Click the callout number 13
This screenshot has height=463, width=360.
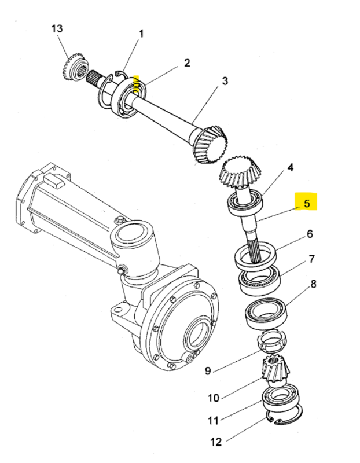(57, 29)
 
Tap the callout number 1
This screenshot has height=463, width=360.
(141, 34)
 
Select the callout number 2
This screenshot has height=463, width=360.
(187, 63)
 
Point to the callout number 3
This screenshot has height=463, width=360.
(225, 81)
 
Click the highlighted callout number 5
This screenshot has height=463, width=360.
(307, 204)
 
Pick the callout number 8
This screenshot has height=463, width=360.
(313, 284)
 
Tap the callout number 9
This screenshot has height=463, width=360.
(208, 371)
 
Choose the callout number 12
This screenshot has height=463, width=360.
(216, 442)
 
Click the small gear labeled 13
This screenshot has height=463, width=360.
(75, 67)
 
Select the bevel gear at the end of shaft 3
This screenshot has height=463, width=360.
(210, 144)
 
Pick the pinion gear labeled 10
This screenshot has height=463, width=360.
(275, 371)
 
